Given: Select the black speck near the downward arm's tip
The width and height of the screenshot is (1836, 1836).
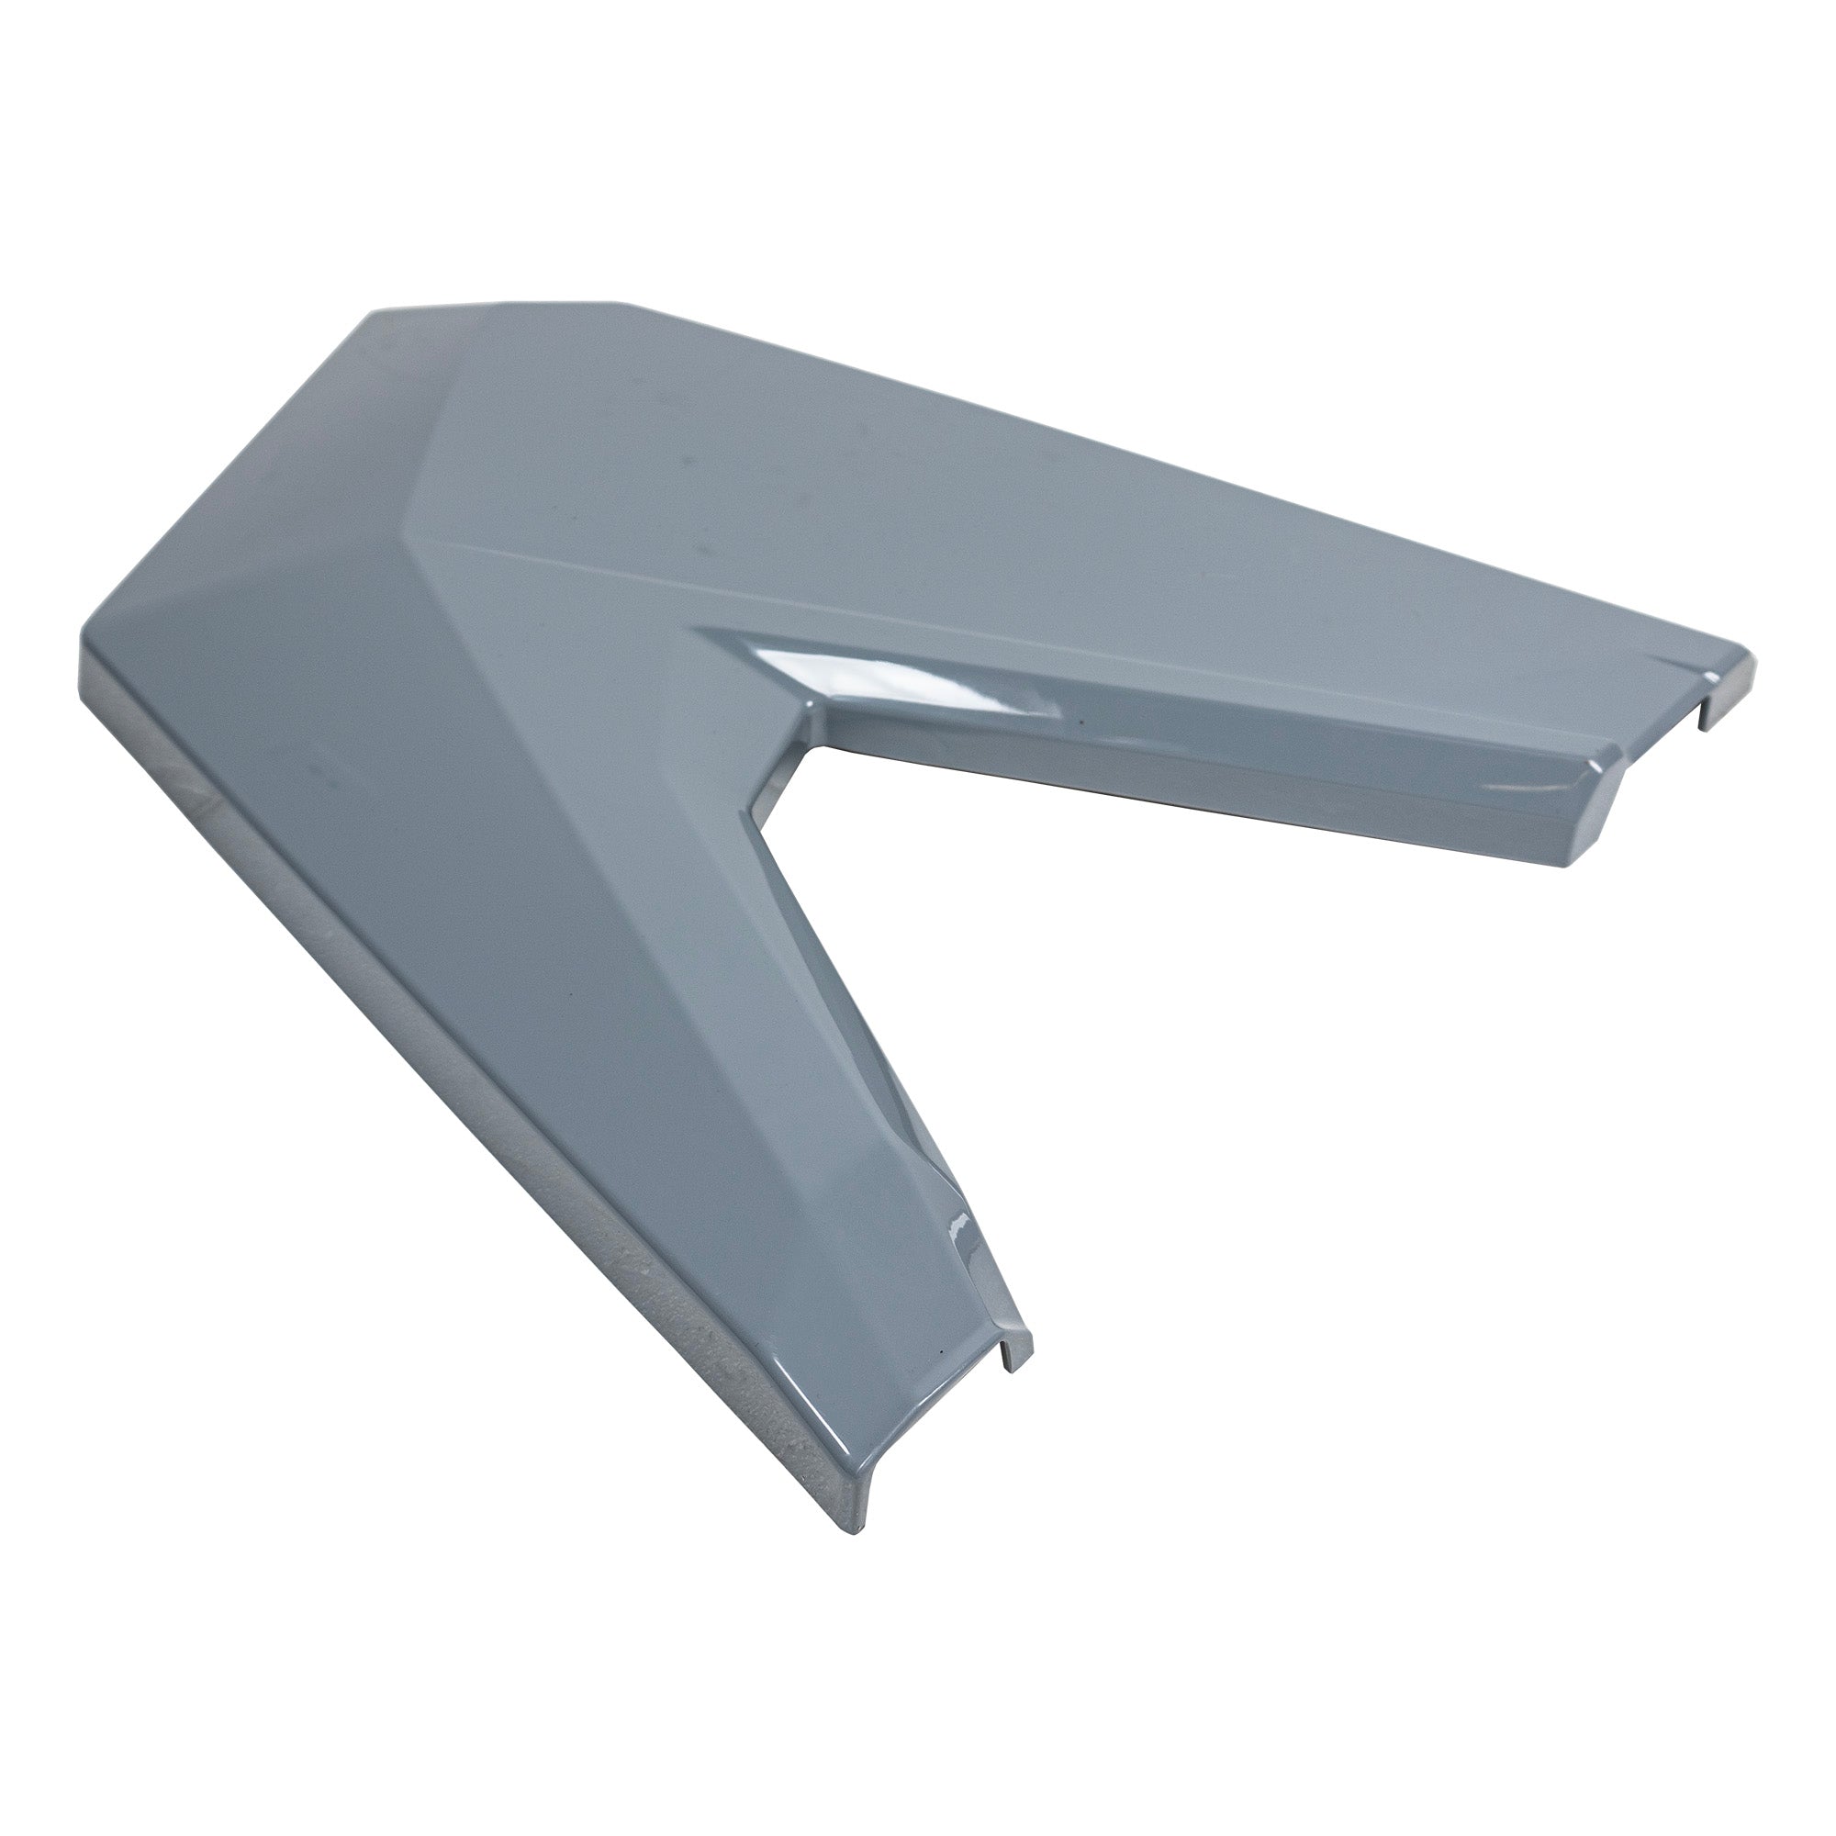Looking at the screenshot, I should (940, 1379).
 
